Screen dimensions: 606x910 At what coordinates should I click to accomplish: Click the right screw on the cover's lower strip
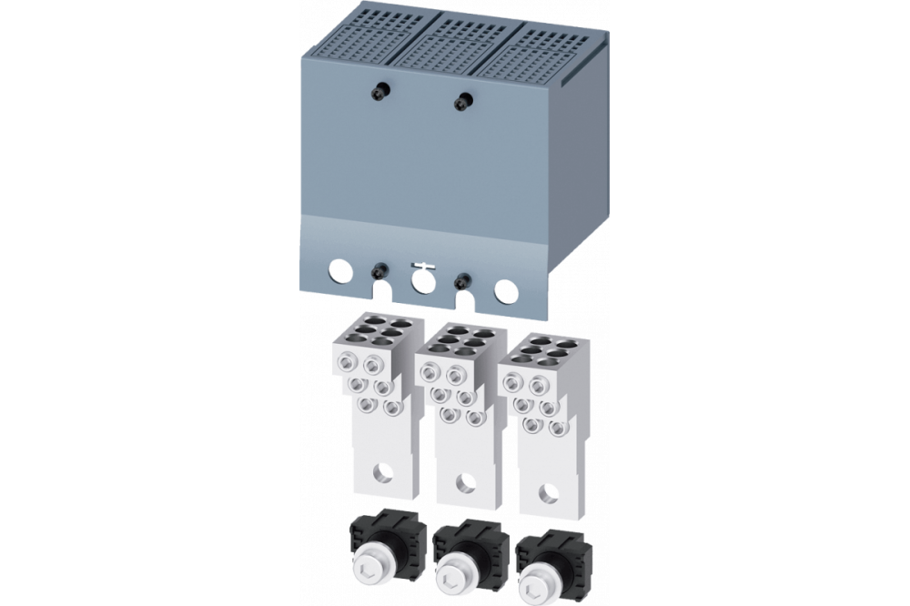462,281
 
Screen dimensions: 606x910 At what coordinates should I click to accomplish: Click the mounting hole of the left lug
387,472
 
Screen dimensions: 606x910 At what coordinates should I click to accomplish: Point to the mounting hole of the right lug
549,492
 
